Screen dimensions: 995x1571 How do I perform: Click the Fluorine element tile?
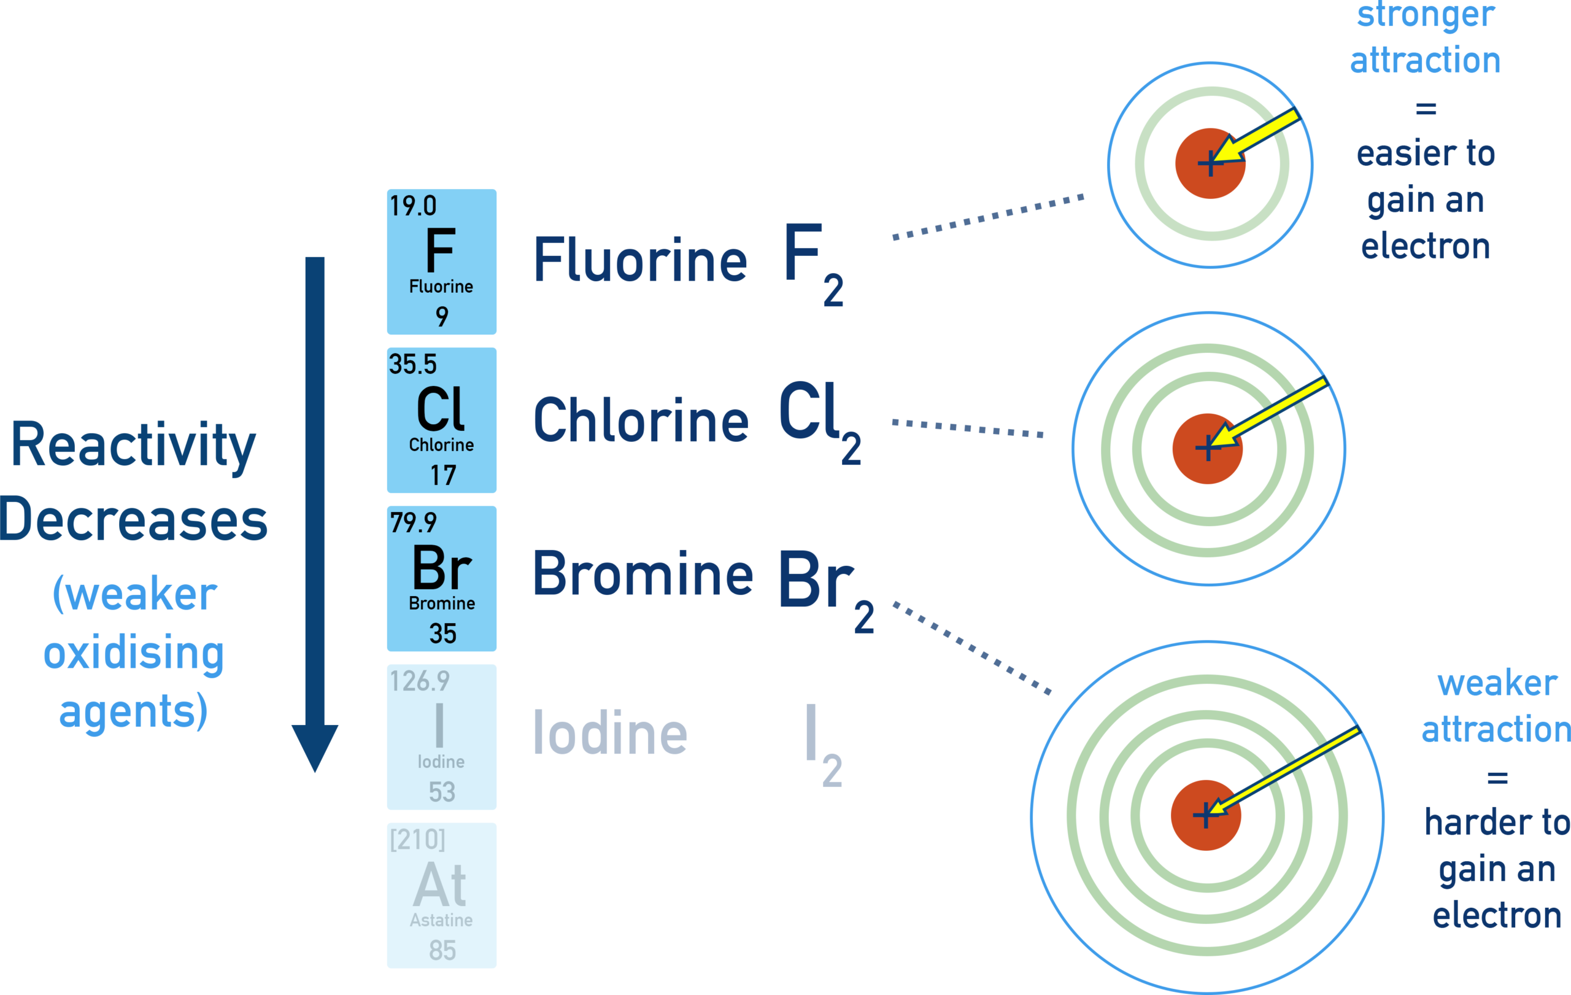click(x=441, y=261)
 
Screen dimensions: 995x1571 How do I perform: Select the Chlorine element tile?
click(x=441, y=420)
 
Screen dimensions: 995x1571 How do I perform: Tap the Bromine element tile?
click(x=441, y=579)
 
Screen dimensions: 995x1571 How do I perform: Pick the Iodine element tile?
click(x=441, y=737)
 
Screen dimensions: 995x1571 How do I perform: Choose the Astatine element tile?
click(x=441, y=895)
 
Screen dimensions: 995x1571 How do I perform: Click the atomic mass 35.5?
click(x=412, y=364)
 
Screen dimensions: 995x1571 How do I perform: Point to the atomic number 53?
click(x=442, y=792)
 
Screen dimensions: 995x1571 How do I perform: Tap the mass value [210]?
click(x=417, y=839)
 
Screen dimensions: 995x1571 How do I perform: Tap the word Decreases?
click(x=134, y=520)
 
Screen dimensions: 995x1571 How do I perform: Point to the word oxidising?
click(x=134, y=654)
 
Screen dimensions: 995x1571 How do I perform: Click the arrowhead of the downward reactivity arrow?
click(x=314, y=747)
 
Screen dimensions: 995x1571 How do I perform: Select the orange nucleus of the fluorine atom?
click(x=1210, y=164)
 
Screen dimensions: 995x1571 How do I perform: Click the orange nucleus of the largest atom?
click(x=1206, y=815)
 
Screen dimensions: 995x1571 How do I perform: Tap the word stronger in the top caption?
click(x=1426, y=14)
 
